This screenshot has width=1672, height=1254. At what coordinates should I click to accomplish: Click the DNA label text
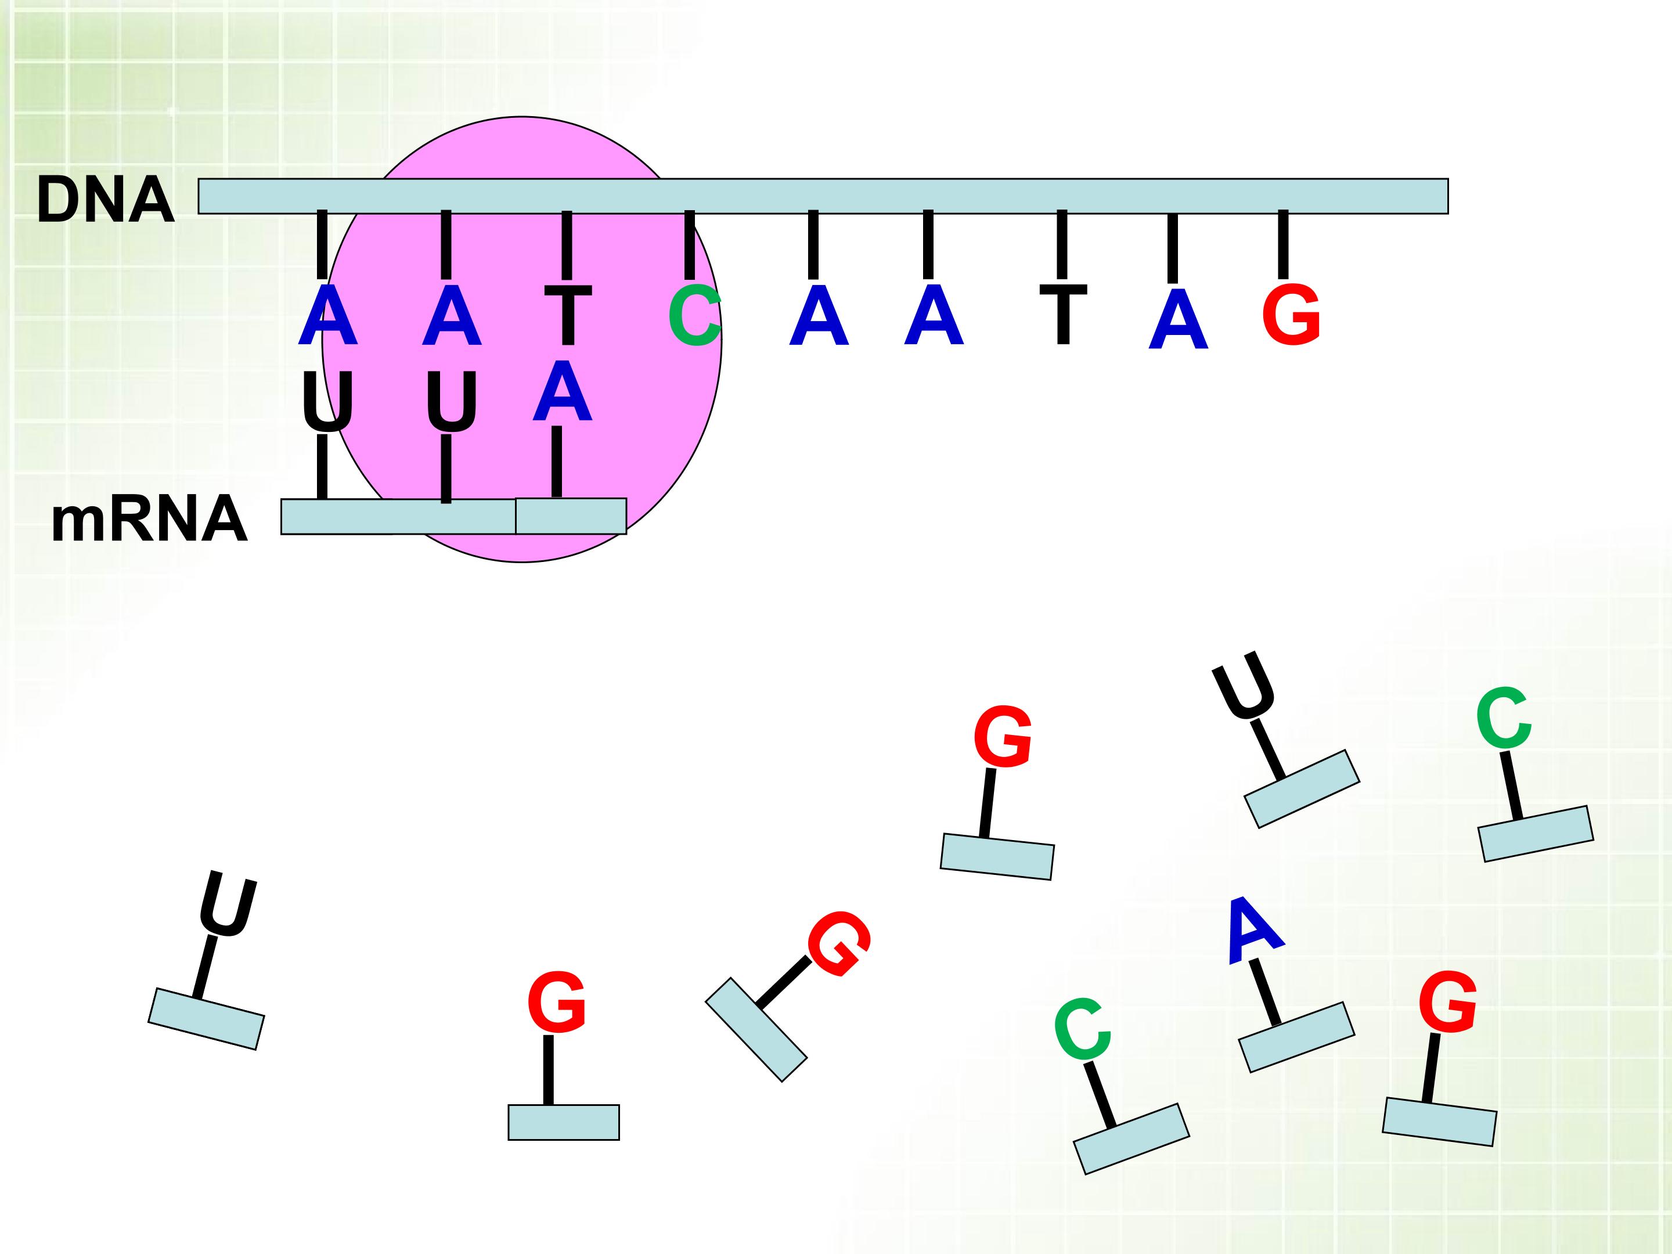pyautogui.click(x=105, y=200)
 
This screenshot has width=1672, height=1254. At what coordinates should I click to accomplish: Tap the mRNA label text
pyautogui.click(x=149, y=520)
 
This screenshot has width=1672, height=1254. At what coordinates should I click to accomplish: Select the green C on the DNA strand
pyautogui.click(x=694, y=316)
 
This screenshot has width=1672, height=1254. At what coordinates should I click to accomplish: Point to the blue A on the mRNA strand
pyautogui.click(x=561, y=391)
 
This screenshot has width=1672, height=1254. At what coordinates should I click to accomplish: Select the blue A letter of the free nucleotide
pyautogui.click(x=1254, y=931)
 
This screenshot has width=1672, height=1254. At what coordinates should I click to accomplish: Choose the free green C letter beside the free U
pyautogui.click(x=1504, y=718)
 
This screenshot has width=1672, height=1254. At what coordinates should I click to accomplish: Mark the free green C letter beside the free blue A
pyautogui.click(x=1082, y=1029)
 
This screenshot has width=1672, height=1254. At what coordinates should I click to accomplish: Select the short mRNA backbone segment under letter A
pyautogui.click(x=571, y=516)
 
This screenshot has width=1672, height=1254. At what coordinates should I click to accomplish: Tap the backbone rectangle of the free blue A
pyautogui.click(x=1296, y=1037)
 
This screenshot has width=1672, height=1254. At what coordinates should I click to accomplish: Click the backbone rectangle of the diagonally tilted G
pyautogui.click(x=756, y=1029)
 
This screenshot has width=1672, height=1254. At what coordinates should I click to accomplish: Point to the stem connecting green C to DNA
pyautogui.click(x=689, y=245)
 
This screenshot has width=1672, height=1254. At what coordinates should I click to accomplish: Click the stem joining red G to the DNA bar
pyautogui.click(x=1282, y=245)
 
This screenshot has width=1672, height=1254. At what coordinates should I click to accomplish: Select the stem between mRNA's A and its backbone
pyautogui.click(x=557, y=461)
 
